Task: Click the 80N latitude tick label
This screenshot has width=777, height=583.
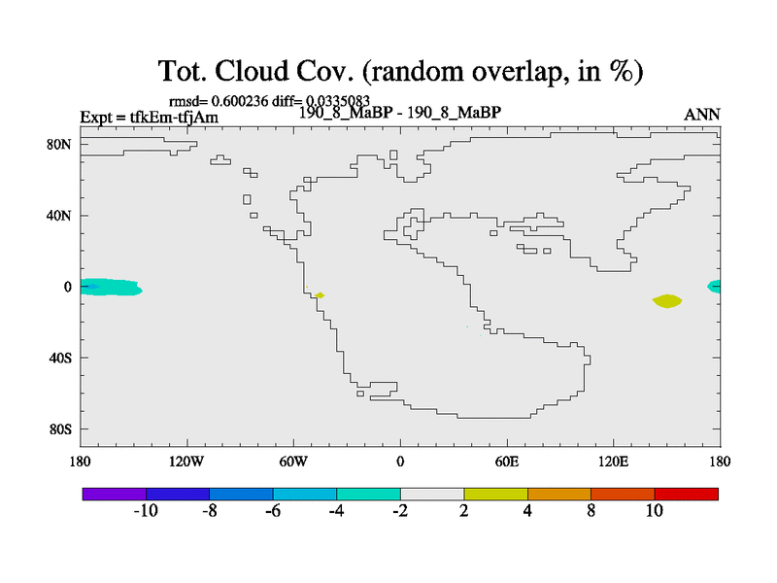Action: (x=59, y=144)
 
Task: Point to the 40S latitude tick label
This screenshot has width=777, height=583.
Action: (x=60, y=358)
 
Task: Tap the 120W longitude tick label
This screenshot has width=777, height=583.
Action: (x=186, y=463)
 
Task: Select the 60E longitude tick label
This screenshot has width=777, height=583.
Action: (x=507, y=463)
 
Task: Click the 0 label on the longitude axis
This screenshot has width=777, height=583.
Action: (x=400, y=463)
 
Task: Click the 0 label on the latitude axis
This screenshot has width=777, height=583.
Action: (x=67, y=287)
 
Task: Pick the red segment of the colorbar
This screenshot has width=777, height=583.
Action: (x=687, y=494)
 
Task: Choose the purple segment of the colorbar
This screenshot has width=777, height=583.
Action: (x=115, y=494)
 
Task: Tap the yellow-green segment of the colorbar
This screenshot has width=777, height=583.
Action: (x=496, y=494)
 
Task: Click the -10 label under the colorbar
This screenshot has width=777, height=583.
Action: (x=146, y=511)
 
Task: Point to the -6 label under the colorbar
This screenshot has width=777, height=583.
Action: (x=273, y=511)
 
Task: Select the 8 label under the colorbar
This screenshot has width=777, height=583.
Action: (x=591, y=511)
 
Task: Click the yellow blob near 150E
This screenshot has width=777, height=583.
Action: (x=667, y=301)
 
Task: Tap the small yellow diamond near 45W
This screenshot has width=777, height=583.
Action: (x=320, y=295)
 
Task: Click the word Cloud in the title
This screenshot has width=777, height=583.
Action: (x=252, y=71)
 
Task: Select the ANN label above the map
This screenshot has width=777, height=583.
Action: (x=701, y=115)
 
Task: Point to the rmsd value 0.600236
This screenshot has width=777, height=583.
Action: (x=239, y=101)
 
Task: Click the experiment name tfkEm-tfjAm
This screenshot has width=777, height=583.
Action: (x=174, y=117)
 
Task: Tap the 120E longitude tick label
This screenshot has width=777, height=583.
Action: (x=614, y=463)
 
